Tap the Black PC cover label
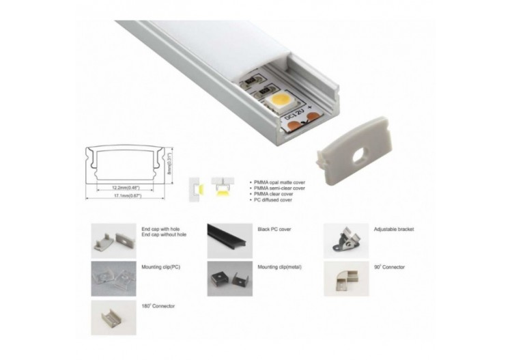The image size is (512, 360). [274, 230]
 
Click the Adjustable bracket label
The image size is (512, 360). [394, 230]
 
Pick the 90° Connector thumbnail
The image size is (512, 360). [345, 278]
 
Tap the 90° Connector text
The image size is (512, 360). [388, 267]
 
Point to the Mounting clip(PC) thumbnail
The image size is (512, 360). [113, 278]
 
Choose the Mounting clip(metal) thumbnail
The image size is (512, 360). [229, 278]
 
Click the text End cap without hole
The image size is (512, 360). [164, 234]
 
